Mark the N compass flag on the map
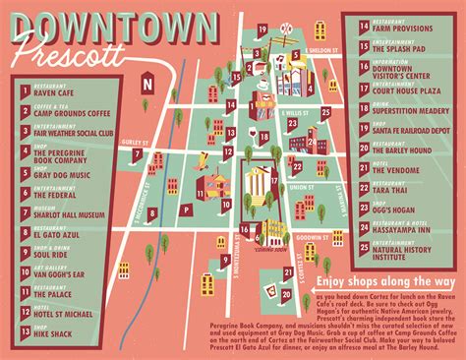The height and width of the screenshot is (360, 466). pyautogui.click(x=146, y=82)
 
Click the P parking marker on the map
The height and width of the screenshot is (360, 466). pyautogui.click(x=186, y=210)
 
